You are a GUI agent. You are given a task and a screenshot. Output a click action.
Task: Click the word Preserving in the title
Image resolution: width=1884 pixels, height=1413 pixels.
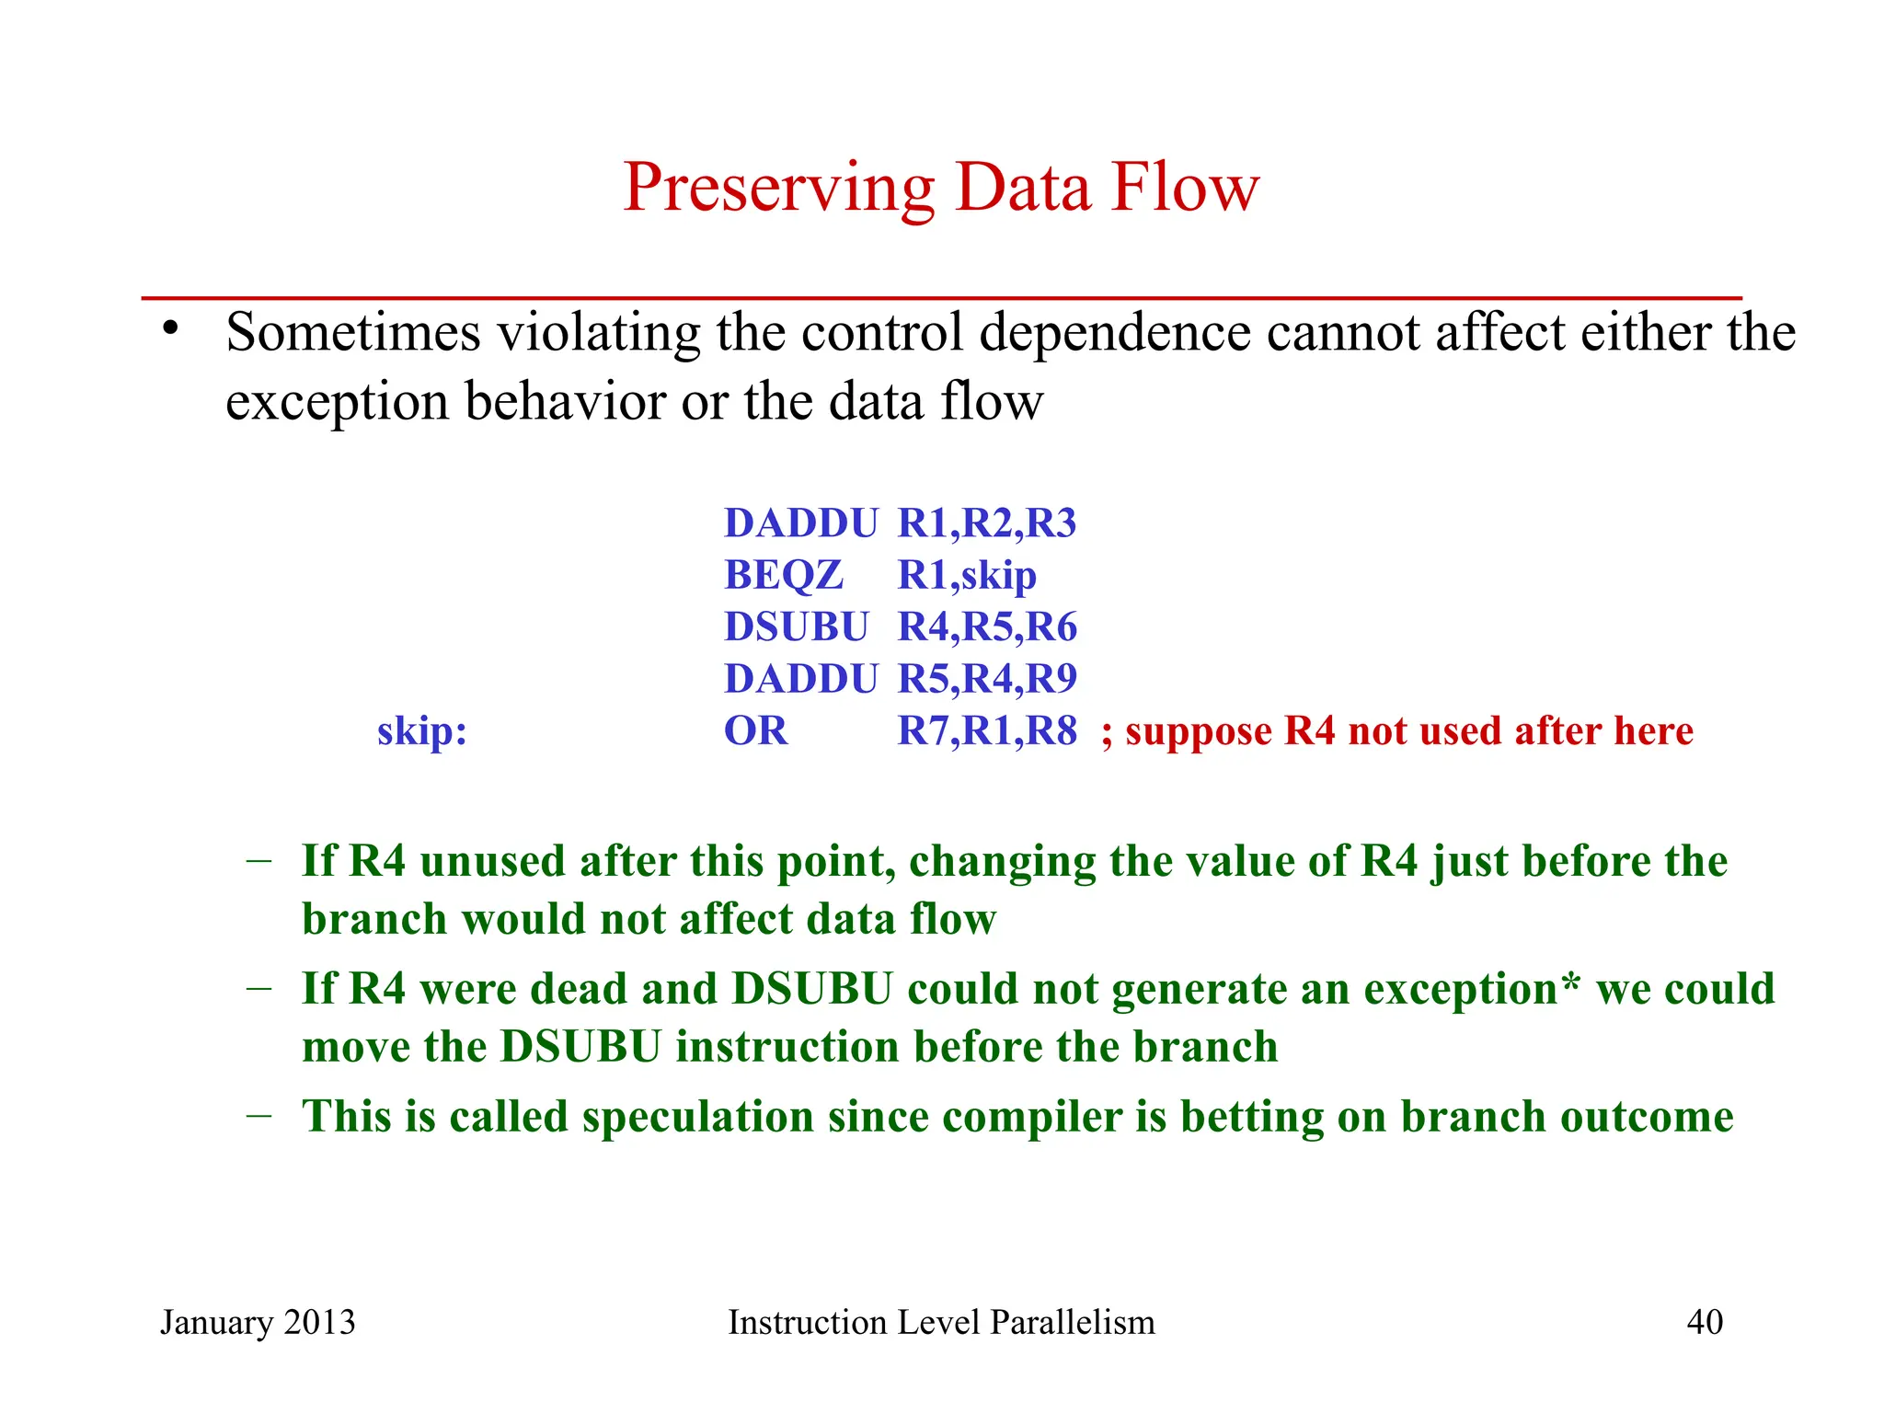pyautogui.click(x=778, y=190)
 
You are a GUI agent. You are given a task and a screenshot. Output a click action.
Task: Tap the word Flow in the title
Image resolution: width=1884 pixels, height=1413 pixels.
pyautogui.click(x=1185, y=188)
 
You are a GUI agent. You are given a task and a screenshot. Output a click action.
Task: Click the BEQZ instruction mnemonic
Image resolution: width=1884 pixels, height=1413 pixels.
pyautogui.click(x=783, y=576)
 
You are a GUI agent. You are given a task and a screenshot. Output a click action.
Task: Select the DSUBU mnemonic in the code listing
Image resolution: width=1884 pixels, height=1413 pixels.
pyautogui.click(x=796, y=627)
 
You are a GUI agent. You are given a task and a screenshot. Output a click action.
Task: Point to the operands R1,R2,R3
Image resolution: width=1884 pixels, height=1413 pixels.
pyautogui.click(x=986, y=523)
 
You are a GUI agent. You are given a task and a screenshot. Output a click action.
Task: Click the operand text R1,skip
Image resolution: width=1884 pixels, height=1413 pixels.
pyautogui.click(x=966, y=576)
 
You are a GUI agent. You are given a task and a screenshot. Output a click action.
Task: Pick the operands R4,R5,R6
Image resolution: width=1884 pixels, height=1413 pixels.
pyautogui.click(x=986, y=627)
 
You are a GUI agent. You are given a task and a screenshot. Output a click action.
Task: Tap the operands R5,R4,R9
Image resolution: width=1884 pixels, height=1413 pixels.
pyautogui.click(x=986, y=679)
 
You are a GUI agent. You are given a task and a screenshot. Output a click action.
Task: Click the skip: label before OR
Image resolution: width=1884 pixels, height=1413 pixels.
pyautogui.click(x=422, y=731)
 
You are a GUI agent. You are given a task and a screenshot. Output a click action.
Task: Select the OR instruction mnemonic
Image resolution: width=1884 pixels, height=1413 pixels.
pyautogui.click(x=755, y=731)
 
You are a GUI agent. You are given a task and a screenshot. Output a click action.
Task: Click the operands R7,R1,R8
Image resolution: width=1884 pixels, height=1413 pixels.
pyautogui.click(x=986, y=731)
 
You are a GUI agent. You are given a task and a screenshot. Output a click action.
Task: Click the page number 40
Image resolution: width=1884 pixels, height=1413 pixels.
pyautogui.click(x=1704, y=1322)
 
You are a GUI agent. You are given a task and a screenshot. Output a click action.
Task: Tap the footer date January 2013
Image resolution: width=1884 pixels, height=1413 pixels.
pyautogui.click(x=258, y=1322)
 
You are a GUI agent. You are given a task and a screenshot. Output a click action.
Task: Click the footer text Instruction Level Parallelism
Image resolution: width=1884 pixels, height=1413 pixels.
pyautogui.click(x=941, y=1322)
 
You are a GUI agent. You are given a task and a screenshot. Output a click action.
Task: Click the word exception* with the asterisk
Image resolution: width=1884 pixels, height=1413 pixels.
pyautogui.click(x=1471, y=990)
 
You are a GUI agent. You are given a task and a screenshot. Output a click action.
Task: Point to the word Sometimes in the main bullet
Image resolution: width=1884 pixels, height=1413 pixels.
pyautogui.click(x=352, y=332)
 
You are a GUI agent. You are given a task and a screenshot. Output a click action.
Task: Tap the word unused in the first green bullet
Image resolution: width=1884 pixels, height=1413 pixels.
pyautogui.click(x=492, y=862)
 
